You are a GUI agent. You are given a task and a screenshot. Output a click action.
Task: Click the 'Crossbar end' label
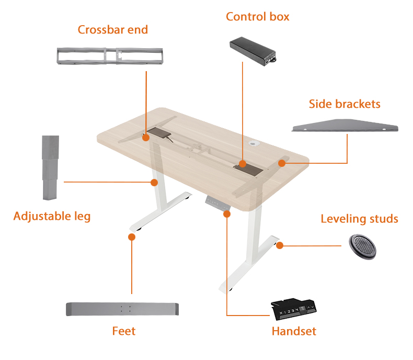[113, 29]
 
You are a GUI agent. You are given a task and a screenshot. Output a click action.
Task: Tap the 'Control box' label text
[257, 17]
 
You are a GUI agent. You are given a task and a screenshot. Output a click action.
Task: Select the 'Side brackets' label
[345, 104]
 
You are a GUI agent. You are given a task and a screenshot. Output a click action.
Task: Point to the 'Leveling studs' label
[359, 219]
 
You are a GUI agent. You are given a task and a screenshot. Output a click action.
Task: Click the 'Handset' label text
[294, 331]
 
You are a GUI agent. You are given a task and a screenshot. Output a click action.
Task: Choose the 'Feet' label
[124, 331]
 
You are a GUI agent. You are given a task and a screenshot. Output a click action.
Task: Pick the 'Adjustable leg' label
[52, 216]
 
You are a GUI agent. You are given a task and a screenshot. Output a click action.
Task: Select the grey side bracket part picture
[345, 126]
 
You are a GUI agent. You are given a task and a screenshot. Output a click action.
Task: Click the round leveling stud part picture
[362, 245]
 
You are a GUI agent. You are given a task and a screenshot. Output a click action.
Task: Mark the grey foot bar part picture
[123, 309]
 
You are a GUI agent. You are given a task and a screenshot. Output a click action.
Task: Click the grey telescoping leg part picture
[51, 167]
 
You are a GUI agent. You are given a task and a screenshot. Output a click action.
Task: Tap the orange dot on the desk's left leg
[154, 182]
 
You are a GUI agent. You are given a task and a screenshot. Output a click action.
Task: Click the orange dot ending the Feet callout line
[132, 237]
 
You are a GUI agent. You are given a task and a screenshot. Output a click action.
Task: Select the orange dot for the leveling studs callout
[280, 245]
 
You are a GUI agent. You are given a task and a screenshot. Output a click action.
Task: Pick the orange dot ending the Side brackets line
[282, 163]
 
